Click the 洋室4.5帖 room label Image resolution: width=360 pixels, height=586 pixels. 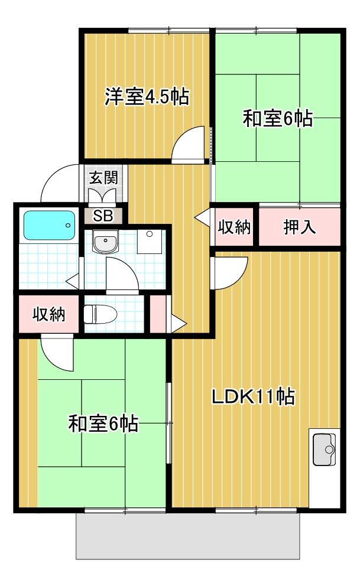coord(147,96)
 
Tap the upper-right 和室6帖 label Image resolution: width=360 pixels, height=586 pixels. coord(278,119)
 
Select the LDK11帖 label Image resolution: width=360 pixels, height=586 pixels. coord(254,397)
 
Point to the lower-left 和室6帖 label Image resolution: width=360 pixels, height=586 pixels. coord(103,423)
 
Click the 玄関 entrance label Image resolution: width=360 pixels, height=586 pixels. coord(103,177)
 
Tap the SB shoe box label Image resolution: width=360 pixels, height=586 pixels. coord(103,215)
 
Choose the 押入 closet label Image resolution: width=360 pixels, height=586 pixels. coord(299,227)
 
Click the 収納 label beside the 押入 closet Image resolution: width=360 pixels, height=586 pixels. coord(235,227)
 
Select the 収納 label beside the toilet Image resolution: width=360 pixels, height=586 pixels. coord(48,314)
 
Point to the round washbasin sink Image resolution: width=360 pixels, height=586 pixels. coord(106,241)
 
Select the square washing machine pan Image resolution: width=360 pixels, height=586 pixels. coord(149,241)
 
